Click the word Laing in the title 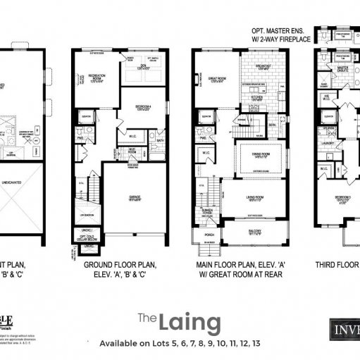(x=190, y=323)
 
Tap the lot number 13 (x=256, y=345)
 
